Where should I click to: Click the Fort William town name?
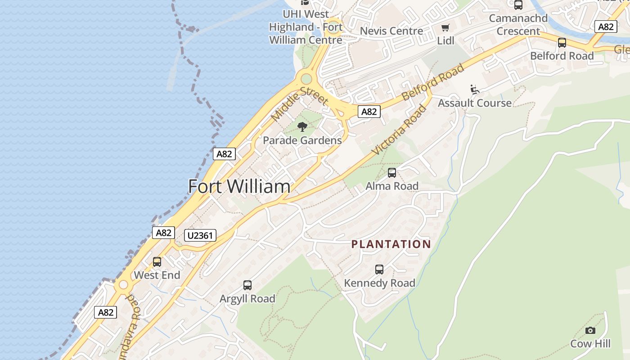click(x=239, y=186)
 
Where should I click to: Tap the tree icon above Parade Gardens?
click(x=302, y=126)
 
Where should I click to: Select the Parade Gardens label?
click(x=302, y=140)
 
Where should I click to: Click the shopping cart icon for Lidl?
click(x=445, y=28)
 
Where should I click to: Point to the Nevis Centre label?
click(x=391, y=31)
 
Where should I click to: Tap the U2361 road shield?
click(x=200, y=235)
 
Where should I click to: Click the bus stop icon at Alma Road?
click(x=392, y=173)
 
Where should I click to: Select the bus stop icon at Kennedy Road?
click(x=379, y=270)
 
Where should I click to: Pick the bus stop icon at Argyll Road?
click(x=247, y=285)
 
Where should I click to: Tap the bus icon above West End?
click(x=157, y=262)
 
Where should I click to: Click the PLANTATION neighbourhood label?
click(x=391, y=244)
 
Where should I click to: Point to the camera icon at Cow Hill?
click(x=590, y=331)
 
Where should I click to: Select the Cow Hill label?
click(x=590, y=344)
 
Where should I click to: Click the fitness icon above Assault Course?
click(x=474, y=89)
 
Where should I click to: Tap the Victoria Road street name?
click(x=400, y=130)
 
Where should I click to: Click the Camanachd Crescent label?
click(x=518, y=25)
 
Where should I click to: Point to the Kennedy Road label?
click(x=379, y=283)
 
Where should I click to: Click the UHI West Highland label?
click(x=306, y=27)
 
